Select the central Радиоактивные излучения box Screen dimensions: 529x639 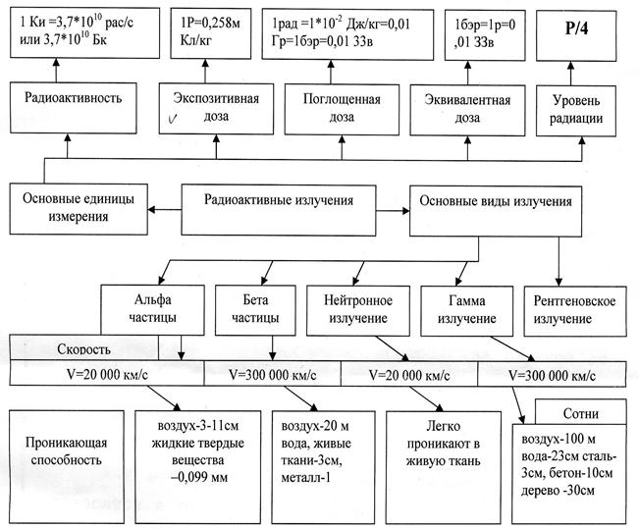tap(279, 202)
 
